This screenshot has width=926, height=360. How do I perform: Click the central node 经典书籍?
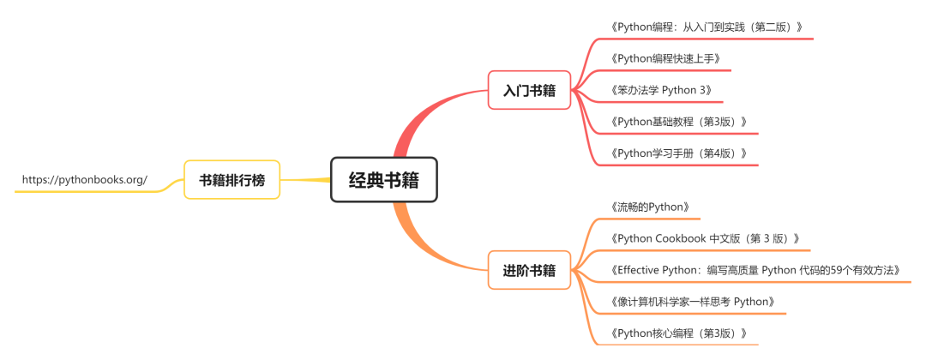tap(384, 180)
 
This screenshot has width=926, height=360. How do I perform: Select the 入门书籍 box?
tap(529, 90)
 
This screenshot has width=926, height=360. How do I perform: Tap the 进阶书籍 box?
tap(529, 271)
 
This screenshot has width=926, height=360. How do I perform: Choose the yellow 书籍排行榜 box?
tap(231, 180)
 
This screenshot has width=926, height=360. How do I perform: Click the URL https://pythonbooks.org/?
tap(84, 180)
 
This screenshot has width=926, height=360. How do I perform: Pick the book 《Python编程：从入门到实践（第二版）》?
tap(707, 27)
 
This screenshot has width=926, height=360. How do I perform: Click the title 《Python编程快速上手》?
tap(665, 58)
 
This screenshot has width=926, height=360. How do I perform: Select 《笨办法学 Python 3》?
tap(661, 90)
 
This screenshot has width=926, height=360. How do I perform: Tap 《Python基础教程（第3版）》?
tap(679, 122)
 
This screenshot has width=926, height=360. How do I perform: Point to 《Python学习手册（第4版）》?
tap(679, 153)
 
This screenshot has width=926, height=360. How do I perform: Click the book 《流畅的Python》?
tap(651, 207)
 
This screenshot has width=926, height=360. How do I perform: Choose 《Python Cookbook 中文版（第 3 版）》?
tap(706, 238)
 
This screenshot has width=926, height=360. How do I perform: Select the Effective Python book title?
tap(756, 270)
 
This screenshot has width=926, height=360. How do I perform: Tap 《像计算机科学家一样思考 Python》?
tap(694, 302)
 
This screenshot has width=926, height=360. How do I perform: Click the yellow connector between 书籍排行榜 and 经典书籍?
tap(305, 180)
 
